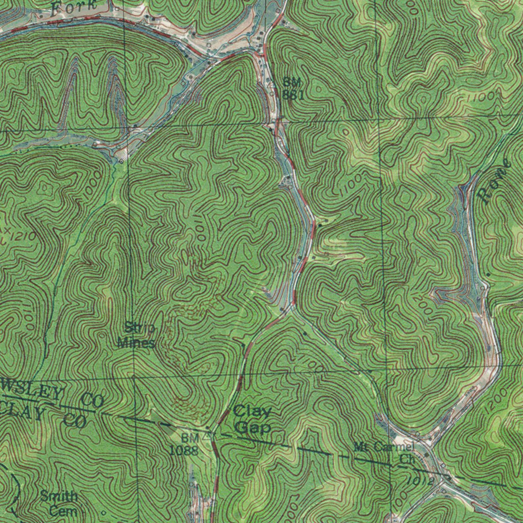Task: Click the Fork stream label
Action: (74, 7)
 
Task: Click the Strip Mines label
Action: (137, 335)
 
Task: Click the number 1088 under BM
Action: (183, 450)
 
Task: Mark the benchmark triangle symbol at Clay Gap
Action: (208, 436)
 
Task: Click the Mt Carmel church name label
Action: (383, 447)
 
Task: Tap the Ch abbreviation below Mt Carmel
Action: (407, 459)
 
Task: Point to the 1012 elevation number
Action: (421, 481)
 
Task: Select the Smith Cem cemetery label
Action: (60, 503)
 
